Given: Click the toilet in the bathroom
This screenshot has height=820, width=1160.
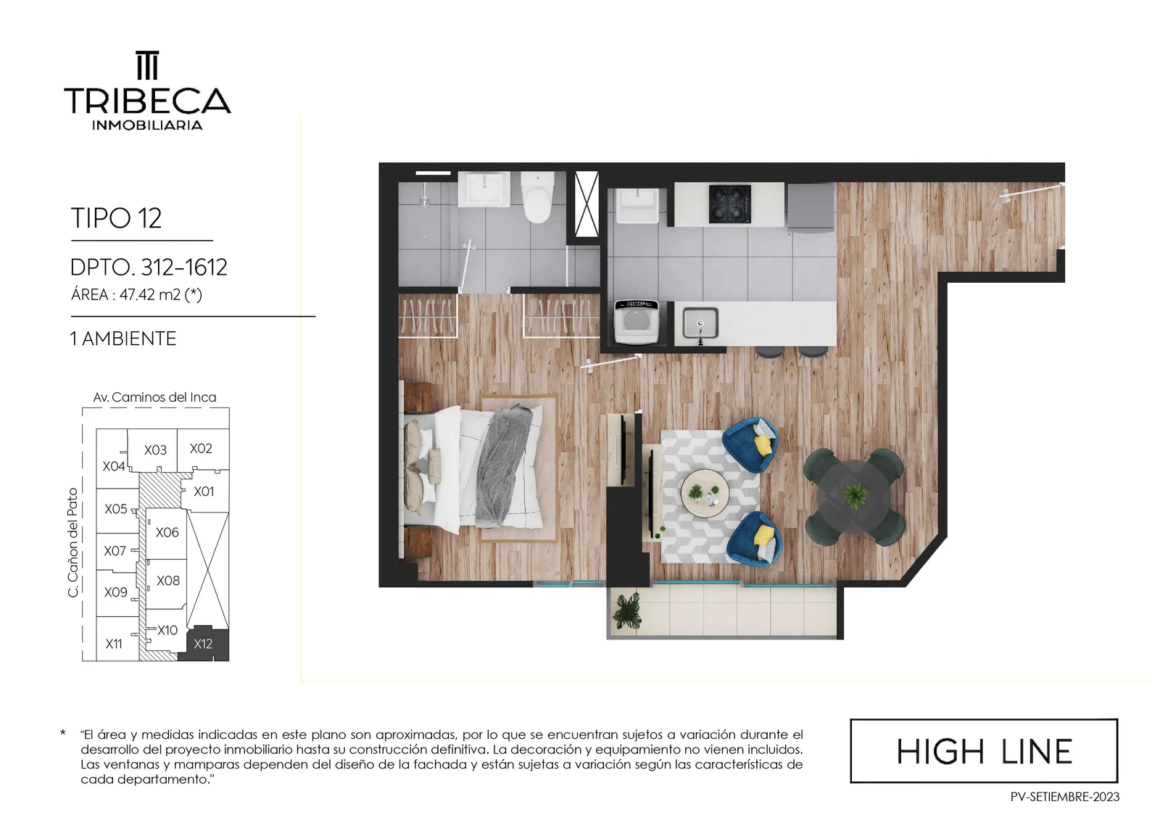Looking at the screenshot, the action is point(537,197).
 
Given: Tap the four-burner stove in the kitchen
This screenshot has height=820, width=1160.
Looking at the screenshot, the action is point(729,204).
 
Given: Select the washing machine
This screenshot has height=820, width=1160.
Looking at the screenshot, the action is point(637,322).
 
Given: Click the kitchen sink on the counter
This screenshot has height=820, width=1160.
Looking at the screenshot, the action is point(700,323).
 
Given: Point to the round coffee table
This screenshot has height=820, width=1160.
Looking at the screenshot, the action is point(705,494).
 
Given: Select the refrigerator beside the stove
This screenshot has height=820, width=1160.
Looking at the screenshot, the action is point(811,207).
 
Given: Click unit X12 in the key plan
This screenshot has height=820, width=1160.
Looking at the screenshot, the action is point(203,644).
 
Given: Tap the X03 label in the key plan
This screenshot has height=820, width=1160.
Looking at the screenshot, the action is point(155,450).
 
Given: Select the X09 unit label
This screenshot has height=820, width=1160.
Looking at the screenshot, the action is point(115,592).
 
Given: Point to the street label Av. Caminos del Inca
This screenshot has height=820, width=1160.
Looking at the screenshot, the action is point(155,397).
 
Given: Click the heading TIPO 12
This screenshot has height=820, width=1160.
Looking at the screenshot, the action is point(116,218).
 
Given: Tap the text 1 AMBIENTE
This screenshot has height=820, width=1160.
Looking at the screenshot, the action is point(123,339).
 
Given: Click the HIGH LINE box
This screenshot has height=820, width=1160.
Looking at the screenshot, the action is point(984,750).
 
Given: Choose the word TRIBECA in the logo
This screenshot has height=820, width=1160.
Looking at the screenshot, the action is point(147,101).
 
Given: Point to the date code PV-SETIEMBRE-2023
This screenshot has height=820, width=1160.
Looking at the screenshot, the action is point(1065,798).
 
